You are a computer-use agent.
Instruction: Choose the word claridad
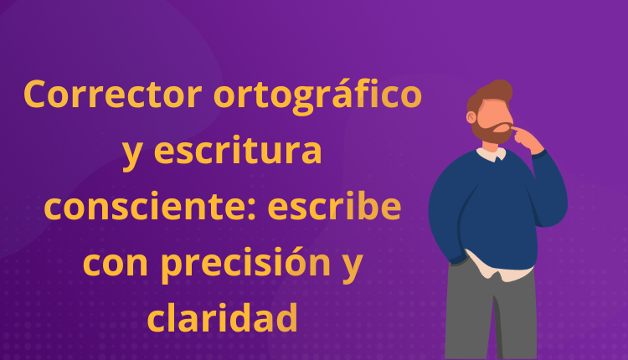coord(223,317)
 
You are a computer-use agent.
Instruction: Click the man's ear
coord(478,118)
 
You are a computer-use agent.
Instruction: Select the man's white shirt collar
coord(492,153)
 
